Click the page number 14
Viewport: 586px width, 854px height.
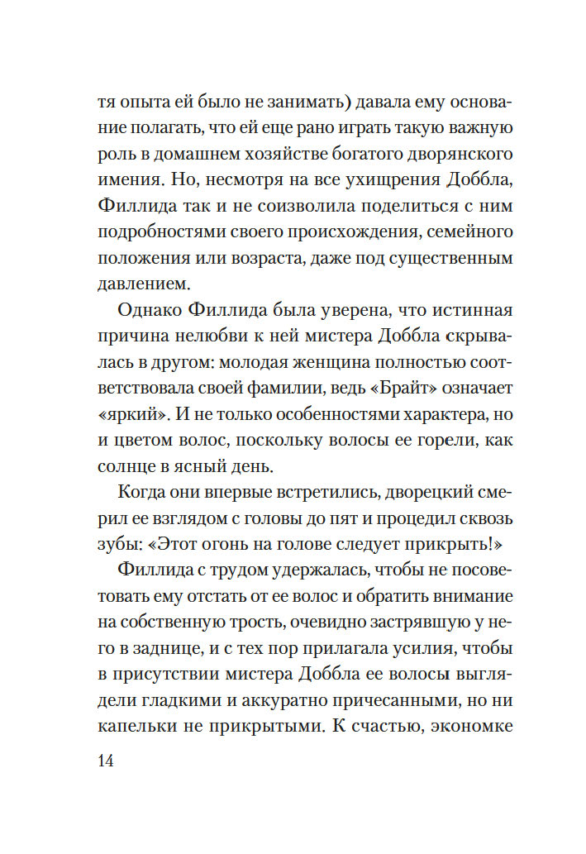tap(105, 761)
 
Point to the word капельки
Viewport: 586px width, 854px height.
tap(143, 725)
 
